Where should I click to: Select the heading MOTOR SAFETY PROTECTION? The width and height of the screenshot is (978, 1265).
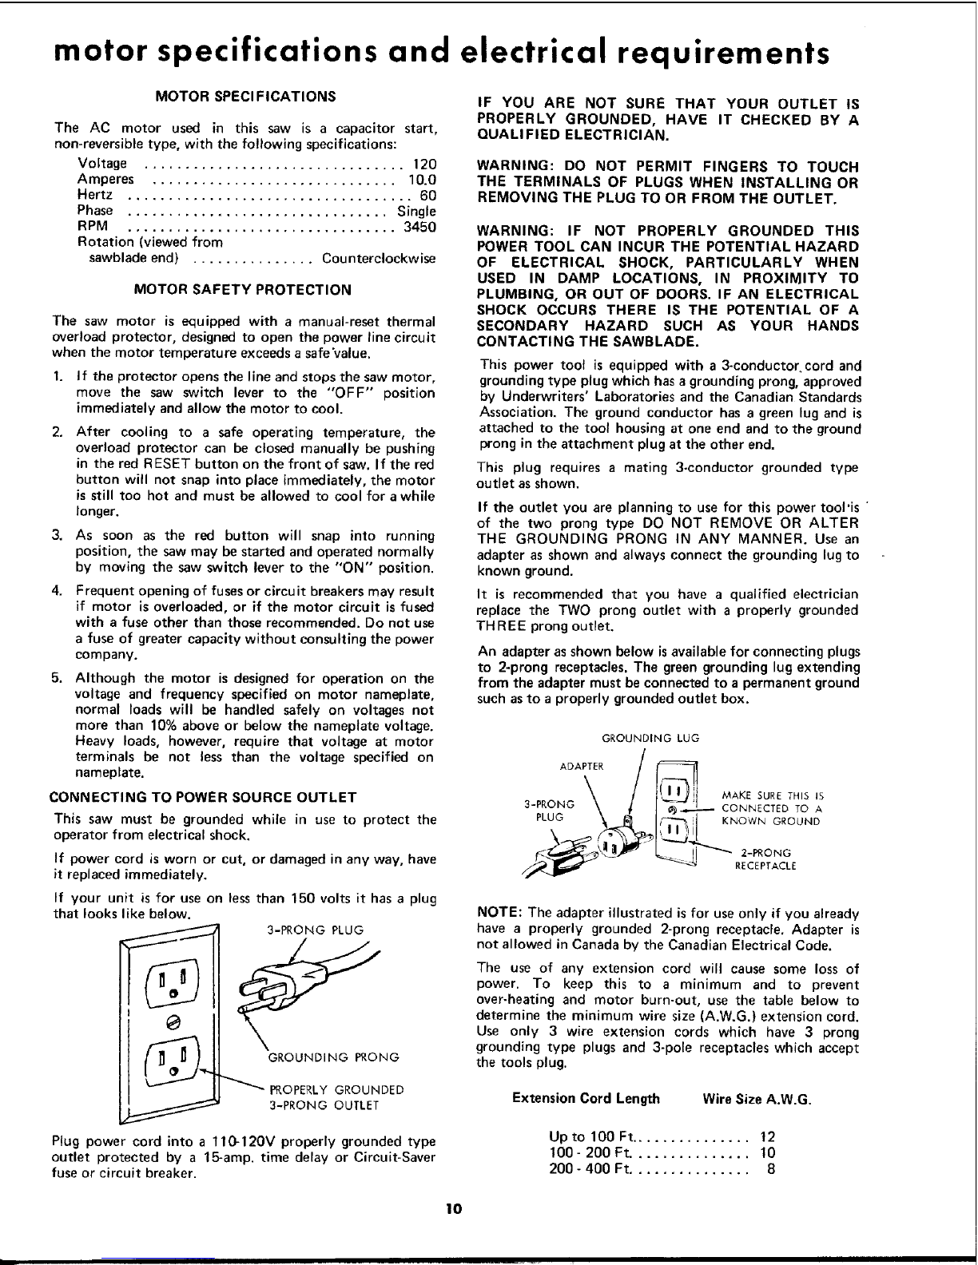point(243,289)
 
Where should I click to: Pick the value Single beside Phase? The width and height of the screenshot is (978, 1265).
point(416,211)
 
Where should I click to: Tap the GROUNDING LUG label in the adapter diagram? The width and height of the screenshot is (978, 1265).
point(650,739)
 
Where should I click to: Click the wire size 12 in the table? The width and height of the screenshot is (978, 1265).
point(767,1136)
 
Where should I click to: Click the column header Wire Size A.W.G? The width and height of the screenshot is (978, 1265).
point(756,1098)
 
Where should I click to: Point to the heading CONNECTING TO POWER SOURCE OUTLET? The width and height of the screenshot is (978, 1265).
point(203,797)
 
